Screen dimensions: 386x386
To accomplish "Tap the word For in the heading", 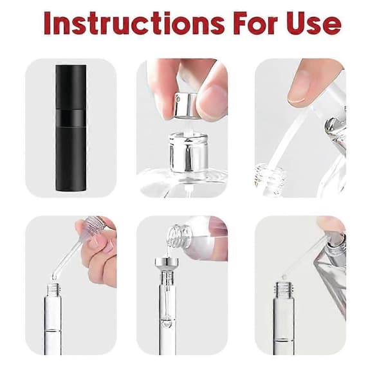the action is pos(255,23).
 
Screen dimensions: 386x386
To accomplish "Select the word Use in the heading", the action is pos(314,23).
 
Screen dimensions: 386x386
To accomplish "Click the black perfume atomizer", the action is pos(71,128).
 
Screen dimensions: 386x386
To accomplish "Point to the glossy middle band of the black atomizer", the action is pos(71,118).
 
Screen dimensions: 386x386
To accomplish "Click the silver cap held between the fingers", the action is pos(186,106).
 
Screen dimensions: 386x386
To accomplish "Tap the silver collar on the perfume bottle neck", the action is pos(188,152).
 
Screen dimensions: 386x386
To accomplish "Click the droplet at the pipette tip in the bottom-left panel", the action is pos(54,277).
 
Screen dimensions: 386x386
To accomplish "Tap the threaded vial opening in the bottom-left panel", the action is pos(53,290).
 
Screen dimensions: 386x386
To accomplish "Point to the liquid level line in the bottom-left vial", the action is pos(53,330).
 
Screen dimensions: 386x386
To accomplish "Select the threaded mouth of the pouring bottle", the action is pos(179,236).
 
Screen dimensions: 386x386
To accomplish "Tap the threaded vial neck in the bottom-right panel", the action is pos(284,289).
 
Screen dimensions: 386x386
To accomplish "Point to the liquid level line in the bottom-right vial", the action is pos(284,340).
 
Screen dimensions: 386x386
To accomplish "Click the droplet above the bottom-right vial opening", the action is pos(284,277).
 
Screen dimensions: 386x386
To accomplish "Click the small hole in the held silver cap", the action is pos(179,99).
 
